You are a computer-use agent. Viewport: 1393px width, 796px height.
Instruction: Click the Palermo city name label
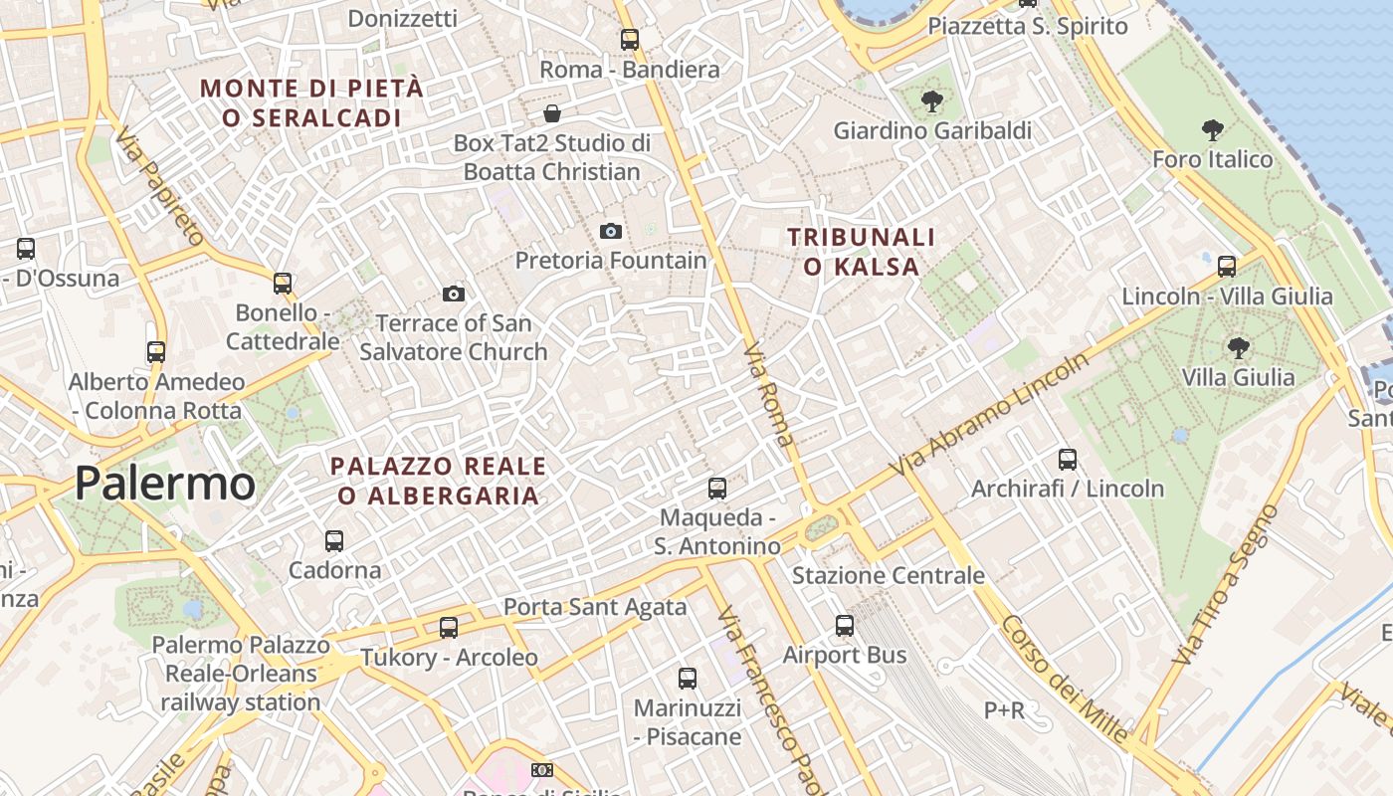pyautogui.click(x=164, y=484)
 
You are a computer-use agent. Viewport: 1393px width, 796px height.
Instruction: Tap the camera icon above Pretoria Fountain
pyautogui.click(x=611, y=232)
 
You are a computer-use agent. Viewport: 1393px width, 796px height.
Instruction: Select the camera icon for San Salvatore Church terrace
pyautogui.click(x=454, y=294)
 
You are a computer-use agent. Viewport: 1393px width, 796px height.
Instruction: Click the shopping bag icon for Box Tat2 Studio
pyautogui.click(x=552, y=113)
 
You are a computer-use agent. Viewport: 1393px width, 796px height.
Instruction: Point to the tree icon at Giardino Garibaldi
pyautogui.click(x=931, y=100)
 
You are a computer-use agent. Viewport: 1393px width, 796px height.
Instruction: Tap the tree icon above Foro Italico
pyautogui.click(x=1212, y=129)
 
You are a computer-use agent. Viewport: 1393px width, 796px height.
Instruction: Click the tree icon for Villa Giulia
pyautogui.click(x=1238, y=347)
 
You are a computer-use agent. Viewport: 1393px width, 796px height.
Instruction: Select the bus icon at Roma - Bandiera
pyautogui.click(x=630, y=40)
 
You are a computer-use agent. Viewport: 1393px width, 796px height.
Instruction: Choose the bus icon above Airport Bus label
pyautogui.click(x=845, y=625)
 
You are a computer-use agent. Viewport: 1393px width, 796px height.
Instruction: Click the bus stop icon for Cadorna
pyautogui.click(x=334, y=541)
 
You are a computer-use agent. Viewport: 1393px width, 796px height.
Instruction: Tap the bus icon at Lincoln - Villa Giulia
pyautogui.click(x=1227, y=266)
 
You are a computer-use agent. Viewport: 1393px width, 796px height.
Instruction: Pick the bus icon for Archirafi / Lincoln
pyautogui.click(x=1068, y=459)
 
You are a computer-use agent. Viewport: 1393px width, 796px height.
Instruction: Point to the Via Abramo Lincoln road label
pyautogui.click(x=989, y=414)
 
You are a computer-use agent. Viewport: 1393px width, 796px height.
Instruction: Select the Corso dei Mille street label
pyautogui.click(x=1065, y=680)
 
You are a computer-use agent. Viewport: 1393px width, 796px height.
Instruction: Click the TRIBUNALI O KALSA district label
pyautogui.click(x=862, y=252)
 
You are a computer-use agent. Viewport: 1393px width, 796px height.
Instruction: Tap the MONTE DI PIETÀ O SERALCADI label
pyautogui.click(x=311, y=102)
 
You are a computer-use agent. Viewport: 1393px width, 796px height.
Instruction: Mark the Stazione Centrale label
pyautogui.click(x=888, y=575)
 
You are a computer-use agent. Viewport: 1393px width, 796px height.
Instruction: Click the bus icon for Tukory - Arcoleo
pyautogui.click(x=449, y=627)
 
